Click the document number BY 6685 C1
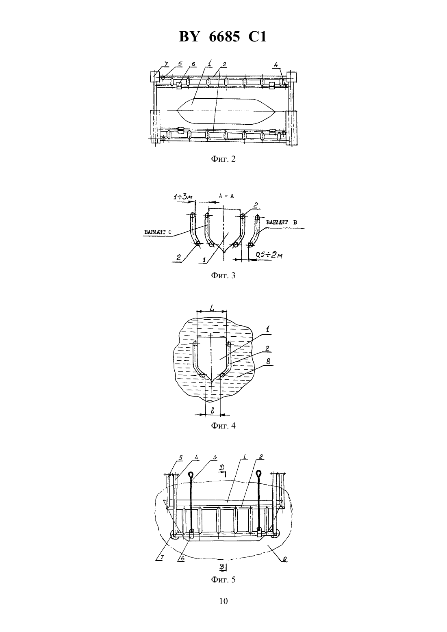click(x=223, y=37)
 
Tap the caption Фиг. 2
click(x=223, y=159)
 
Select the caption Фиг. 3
click(x=223, y=275)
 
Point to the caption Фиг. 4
click(x=223, y=426)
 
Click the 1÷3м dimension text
click(x=183, y=197)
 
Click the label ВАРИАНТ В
click(x=281, y=222)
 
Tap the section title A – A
click(x=226, y=196)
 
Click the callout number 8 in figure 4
click(x=268, y=361)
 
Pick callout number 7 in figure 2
click(x=166, y=64)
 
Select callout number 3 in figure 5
click(x=215, y=457)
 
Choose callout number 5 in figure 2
click(x=180, y=64)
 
